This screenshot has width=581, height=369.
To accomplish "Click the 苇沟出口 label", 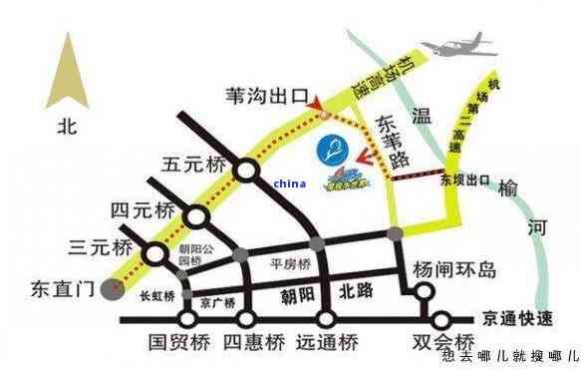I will [x=268, y=96].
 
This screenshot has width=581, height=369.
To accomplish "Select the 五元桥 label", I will [x=197, y=164].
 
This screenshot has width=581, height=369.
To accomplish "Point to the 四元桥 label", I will [x=144, y=208].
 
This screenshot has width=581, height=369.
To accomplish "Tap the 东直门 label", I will [x=60, y=290].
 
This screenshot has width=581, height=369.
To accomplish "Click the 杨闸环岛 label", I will [x=453, y=269].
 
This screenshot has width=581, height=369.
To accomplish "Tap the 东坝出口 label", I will [x=464, y=183].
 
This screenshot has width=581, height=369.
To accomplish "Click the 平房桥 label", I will [x=291, y=264].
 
